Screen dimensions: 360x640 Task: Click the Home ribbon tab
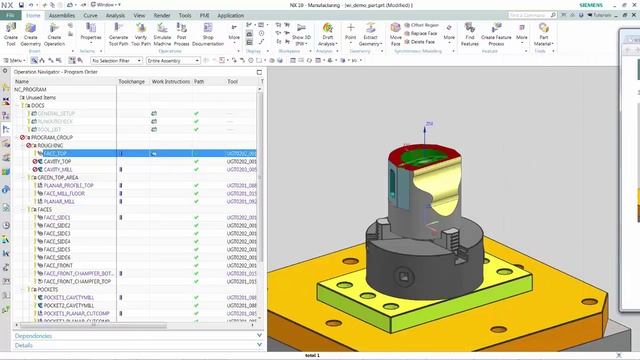[34, 16]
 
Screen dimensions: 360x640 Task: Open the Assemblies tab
[62, 16]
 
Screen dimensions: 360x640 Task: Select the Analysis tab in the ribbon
[116, 16]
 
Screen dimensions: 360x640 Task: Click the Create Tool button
[10, 37]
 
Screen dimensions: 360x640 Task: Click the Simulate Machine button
[161, 37]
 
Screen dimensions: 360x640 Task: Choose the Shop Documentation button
[207, 37]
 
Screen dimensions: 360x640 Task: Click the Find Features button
[469, 37]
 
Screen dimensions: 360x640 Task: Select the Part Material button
[543, 37]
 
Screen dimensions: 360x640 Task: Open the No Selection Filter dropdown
[114, 61]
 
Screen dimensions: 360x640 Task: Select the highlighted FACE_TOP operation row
[56, 154]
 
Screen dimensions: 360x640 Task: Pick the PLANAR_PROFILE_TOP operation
[68, 185]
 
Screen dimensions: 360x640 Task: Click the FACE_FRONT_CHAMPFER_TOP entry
[78, 281]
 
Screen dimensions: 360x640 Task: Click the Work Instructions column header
[170, 81]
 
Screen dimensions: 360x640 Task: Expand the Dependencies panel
[34, 336]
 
